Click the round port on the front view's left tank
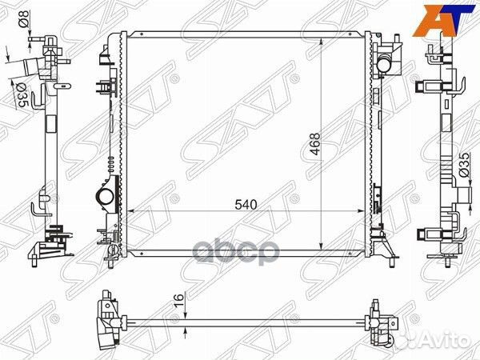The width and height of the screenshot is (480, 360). click(x=103, y=196)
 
